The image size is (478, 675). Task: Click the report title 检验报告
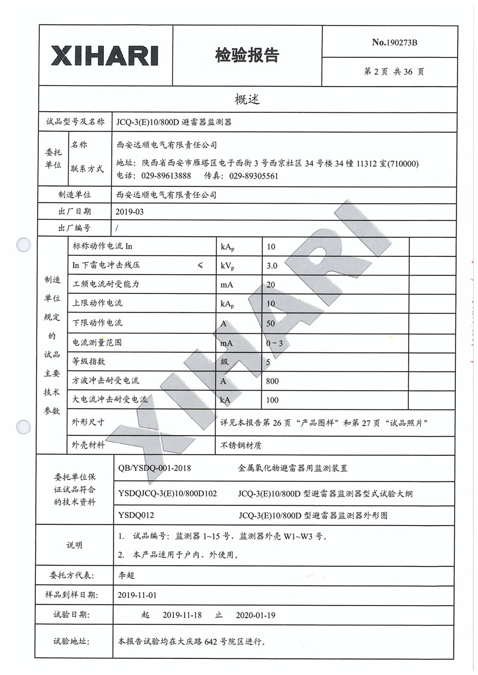click(x=247, y=56)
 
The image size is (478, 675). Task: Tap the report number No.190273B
click(x=394, y=42)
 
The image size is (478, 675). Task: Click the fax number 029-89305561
click(x=253, y=176)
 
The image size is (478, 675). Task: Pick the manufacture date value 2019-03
click(x=130, y=211)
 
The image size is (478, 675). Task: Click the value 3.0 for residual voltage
click(x=272, y=265)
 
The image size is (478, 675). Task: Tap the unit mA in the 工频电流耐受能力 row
click(x=226, y=284)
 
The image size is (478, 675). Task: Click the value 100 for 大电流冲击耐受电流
click(x=273, y=400)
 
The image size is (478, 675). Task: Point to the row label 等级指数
click(x=88, y=361)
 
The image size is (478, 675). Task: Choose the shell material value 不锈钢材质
click(x=241, y=445)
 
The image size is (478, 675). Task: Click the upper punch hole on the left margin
click(x=23, y=244)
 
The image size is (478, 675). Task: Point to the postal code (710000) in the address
click(x=403, y=164)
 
